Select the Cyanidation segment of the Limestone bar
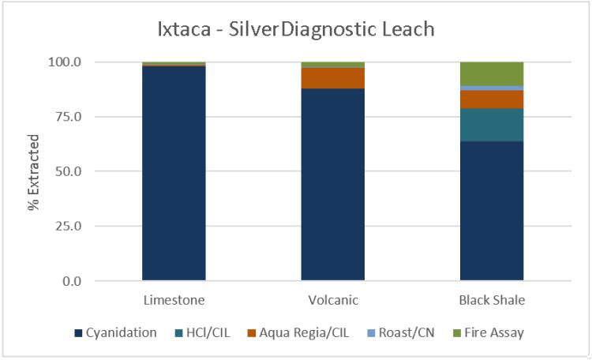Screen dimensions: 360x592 [174, 174]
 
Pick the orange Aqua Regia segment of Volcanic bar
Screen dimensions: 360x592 [332, 78]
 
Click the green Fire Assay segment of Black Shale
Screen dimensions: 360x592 [492, 73]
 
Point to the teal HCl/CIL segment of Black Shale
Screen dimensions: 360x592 [492, 125]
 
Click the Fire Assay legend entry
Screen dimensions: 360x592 [489, 333]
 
